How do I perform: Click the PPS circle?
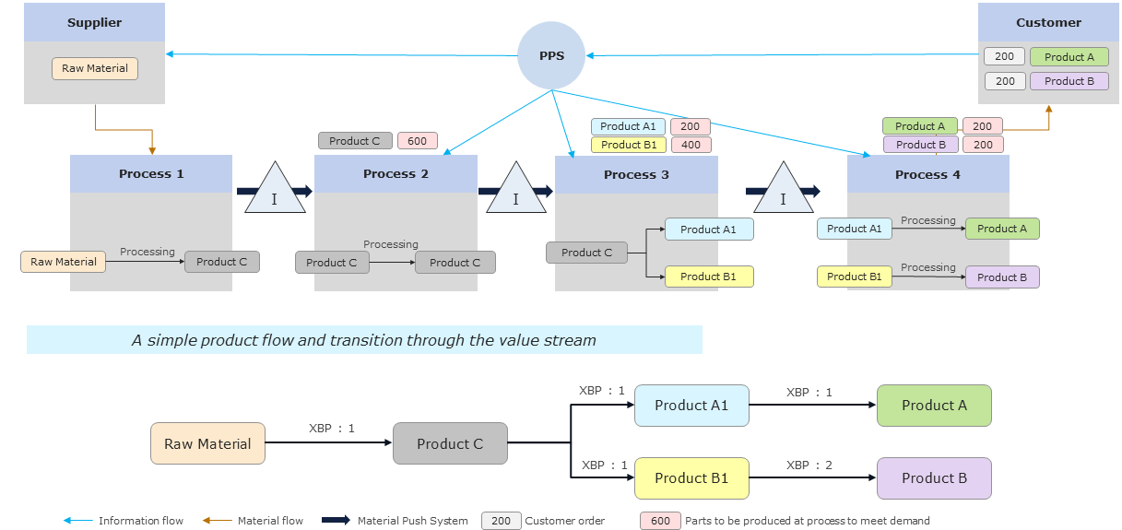tap(551, 55)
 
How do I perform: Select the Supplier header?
tap(94, 22)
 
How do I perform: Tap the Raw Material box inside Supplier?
tap(95, 68)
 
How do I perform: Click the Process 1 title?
tap(151, 173)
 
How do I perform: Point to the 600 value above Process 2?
tap(418, 141)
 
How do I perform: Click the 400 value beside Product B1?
tap(691, 145)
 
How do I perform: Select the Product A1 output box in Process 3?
tap(708, 230)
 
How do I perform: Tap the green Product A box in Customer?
tap(1069, 57)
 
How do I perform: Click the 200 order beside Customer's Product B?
tap(1005, 81)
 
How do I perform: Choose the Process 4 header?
tap(927, 174)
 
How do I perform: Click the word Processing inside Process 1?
tap(147, 252)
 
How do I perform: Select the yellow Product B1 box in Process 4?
tap(854, 277)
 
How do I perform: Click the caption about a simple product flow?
tap(364, 340)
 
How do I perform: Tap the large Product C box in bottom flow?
tap(450, 443)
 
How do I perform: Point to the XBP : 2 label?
tap(809, 465)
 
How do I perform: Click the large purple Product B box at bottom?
tap(934, 478)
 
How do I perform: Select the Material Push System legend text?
tap(412, 521)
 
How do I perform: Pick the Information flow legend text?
tap(141, 521)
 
